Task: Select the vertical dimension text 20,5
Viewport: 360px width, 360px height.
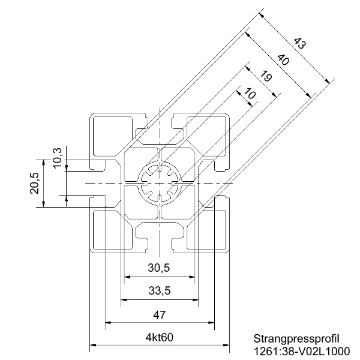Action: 35,183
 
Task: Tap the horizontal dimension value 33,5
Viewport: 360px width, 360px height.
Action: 160,291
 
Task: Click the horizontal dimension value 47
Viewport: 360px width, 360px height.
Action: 160,314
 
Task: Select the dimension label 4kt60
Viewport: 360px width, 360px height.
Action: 160,337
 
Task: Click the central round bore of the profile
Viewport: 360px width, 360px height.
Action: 160,182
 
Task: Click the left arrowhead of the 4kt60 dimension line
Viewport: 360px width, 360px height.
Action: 93,346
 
